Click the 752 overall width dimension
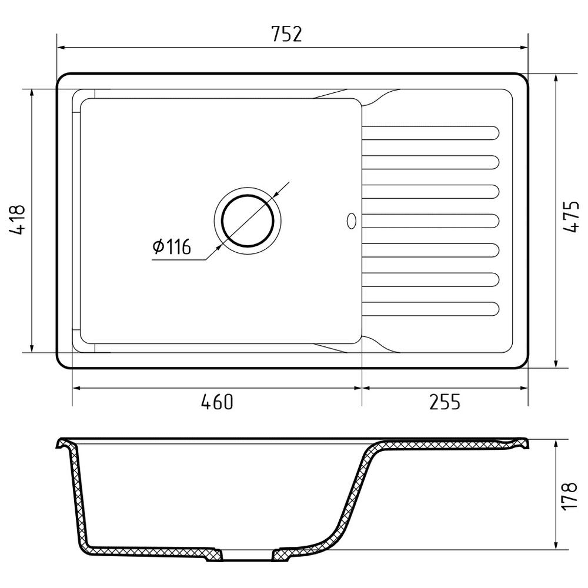pos(286,34)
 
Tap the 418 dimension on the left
pos(17,219)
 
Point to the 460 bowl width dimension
pos(217,402)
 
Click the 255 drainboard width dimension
pos(445,402)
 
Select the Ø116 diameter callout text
pos(172,246)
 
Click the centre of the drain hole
pos(248,221)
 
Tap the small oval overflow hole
pos(352,221)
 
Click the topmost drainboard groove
pos(430,133)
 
